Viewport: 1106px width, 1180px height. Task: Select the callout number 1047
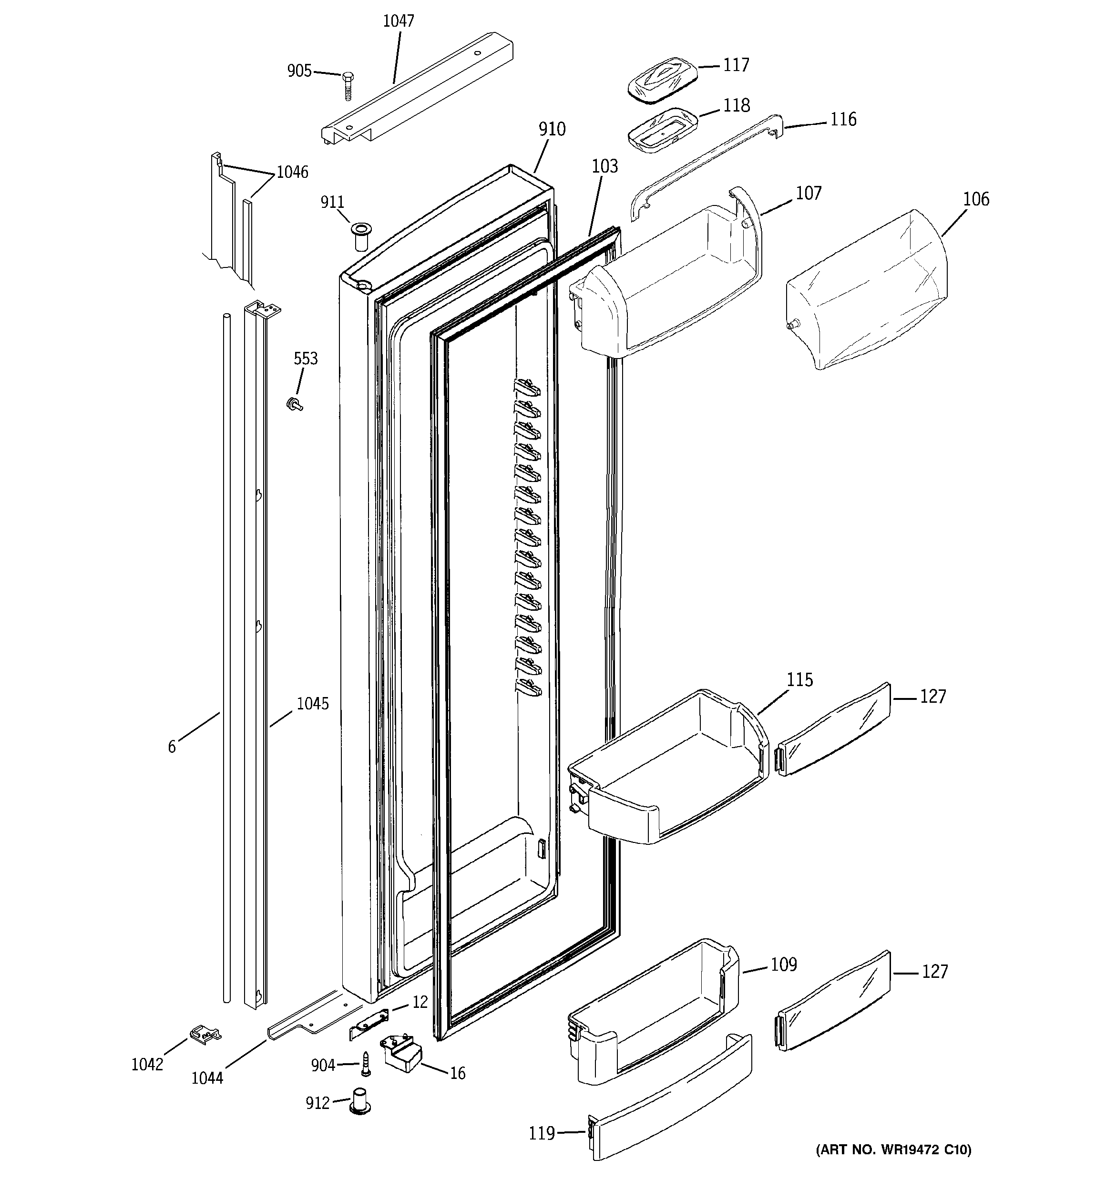pos(399,21)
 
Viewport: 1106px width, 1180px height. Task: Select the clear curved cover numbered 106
pos(867,291)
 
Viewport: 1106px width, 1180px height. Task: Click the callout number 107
pos(809,194)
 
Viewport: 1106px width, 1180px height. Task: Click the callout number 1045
pos(312,704)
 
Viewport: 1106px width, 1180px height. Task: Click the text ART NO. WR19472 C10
pos(893,1166)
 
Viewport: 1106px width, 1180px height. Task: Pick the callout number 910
pos(552,129)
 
